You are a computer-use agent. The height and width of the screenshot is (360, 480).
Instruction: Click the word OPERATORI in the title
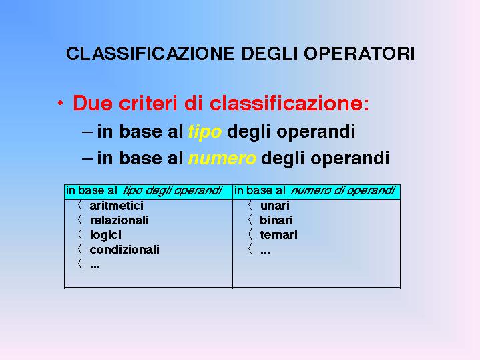coord(359,54)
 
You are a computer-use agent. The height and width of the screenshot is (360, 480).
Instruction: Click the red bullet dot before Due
coord(60,103)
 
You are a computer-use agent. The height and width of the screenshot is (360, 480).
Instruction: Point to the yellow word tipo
coord(204,132)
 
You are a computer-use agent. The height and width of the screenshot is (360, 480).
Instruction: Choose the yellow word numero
coord(222,158)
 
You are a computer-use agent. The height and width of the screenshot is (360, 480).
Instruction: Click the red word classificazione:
coord(289,103)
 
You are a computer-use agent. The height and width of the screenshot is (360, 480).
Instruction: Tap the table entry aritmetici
coord(116,206)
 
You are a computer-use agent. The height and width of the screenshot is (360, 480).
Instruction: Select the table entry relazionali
coord(119,220)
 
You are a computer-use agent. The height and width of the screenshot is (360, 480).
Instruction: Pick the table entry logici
coord(105,235)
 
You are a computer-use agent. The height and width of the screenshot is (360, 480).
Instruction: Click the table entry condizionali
coord(125,250)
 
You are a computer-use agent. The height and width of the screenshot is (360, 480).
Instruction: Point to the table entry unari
coord(275,206)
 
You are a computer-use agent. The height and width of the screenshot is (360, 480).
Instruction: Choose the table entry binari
coord(276,220)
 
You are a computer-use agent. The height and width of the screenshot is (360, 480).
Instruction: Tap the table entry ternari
coord(279,235)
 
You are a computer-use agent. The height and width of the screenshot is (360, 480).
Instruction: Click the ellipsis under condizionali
coord(95,266)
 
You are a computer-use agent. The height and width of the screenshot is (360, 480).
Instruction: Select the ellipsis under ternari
coord(265,252)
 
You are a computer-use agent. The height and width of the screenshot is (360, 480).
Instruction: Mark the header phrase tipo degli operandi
coord(172,191)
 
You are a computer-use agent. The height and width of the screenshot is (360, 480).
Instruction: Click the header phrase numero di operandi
coord(343,191)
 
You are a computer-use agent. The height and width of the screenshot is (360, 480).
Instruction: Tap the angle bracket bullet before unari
coord(250,205)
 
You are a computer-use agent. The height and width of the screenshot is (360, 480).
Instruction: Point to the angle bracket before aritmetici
coord(80,205)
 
